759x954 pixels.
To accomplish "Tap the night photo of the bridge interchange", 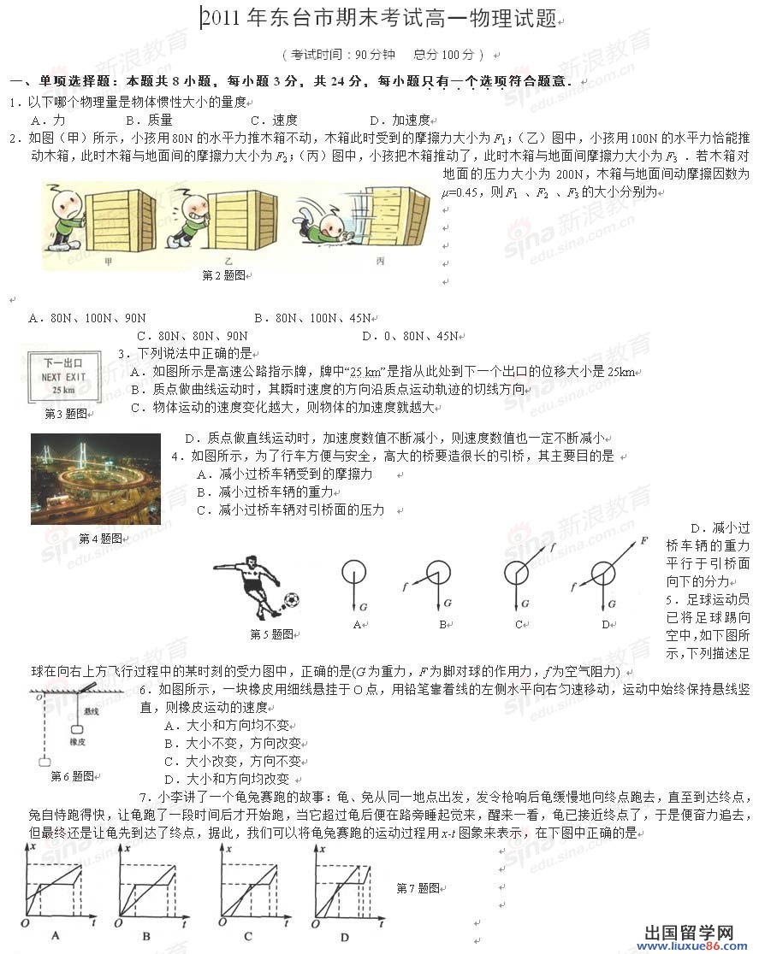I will (x=96, y=479).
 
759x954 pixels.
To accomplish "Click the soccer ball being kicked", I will (x=291, y=601).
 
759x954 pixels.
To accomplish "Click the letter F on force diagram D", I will (x=643, y=541).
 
